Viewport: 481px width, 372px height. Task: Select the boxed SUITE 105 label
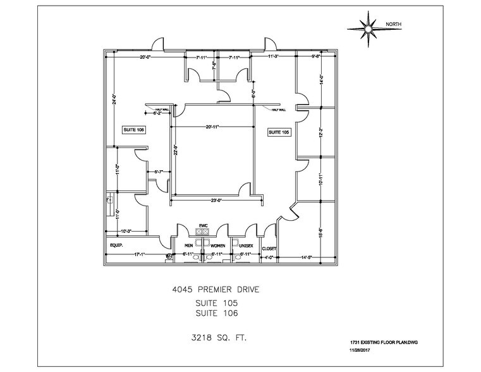click(279, 132)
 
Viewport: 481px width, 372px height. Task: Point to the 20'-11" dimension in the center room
click(212, 127)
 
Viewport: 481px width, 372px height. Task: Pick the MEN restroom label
click(188, 245)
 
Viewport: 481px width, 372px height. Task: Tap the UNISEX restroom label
click(246, 245)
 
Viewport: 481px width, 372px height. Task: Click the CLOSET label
click(269, 249)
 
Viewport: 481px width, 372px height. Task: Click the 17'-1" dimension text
click(141, 254)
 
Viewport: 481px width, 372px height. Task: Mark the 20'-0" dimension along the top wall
click(146, 57)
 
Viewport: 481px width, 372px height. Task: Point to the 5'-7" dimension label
click(160, 171)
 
